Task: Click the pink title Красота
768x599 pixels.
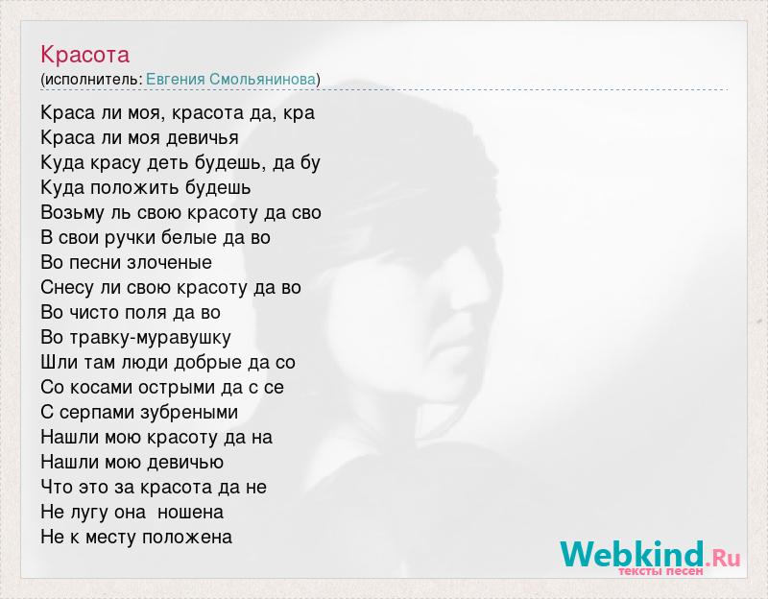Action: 84,55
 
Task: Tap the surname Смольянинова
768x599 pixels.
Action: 262,80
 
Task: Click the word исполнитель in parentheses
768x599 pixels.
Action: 91,80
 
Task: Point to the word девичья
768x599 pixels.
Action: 203,138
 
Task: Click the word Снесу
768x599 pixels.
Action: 66,287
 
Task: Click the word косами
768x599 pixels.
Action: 102,388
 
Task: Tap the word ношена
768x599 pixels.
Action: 190,513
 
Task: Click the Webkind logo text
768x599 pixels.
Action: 632,554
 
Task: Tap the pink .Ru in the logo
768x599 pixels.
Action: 723,558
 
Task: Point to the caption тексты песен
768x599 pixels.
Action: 660,571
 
